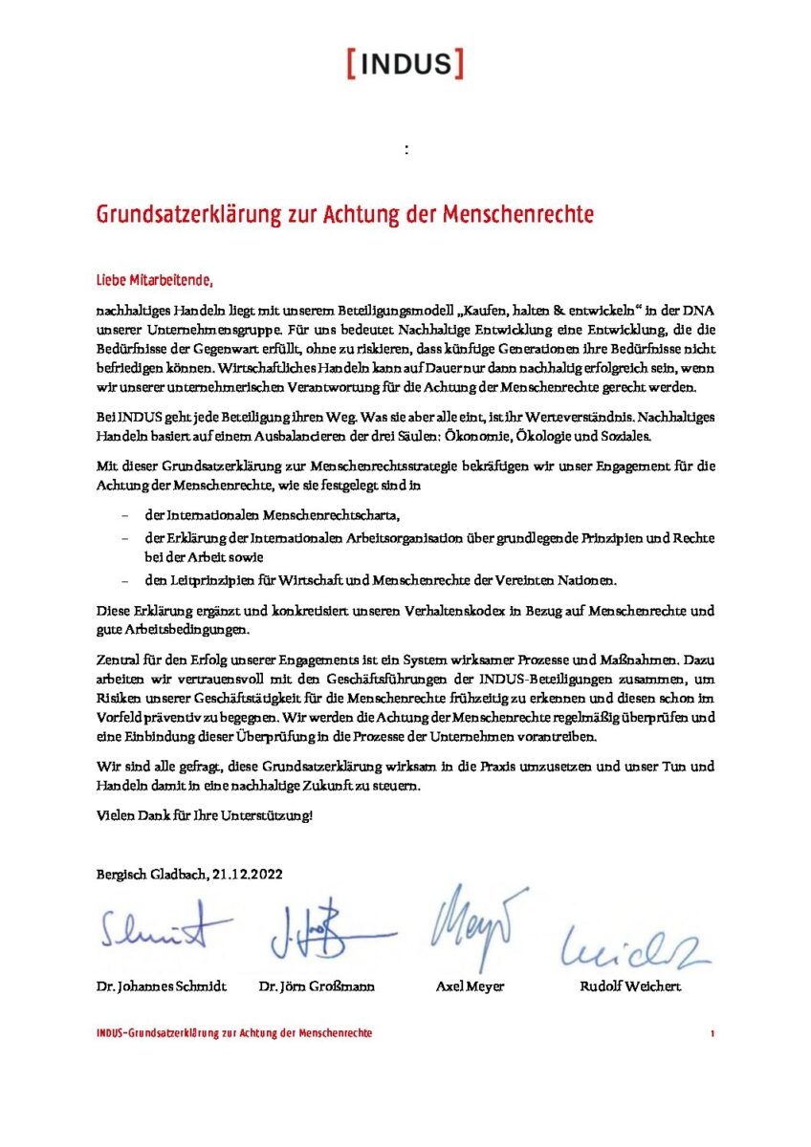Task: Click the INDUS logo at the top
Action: tap(405, 64)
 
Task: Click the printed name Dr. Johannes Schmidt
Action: tap(162, 986)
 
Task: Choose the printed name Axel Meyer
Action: tap(470, 986)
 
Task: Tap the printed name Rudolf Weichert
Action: tap(630, 986)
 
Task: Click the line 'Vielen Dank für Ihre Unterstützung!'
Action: tap(205, 815)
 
